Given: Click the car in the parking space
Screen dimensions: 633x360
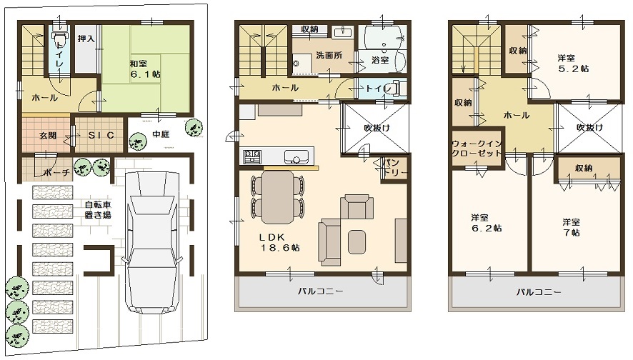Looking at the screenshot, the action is tap(153, 242).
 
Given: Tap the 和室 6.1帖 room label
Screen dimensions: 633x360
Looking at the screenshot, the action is tap(145, 69).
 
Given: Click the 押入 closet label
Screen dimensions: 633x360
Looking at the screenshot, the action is tap(86, 39).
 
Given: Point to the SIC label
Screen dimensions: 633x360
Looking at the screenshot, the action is tap(101, 136).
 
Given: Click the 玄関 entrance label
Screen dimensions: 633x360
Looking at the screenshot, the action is tap(48, 136).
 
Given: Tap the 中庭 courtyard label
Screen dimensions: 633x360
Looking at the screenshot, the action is tap(161, 134).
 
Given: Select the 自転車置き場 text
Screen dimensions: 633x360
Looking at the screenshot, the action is tap(98, 210).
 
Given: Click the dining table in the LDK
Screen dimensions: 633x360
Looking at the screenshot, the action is tap(277, 197).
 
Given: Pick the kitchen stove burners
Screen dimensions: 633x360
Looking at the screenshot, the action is tap(252, 156).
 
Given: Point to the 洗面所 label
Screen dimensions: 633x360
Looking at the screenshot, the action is tap(329, 55).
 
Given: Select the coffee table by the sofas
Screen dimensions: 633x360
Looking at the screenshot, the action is tap(357, 241).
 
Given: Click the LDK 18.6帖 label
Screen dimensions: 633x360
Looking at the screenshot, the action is tap(279, 243).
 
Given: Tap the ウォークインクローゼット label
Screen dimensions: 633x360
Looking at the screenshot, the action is tap(477, 148).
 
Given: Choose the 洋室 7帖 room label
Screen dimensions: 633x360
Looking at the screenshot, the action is tap(572, 227).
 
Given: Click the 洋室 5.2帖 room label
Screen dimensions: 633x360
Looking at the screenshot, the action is tap(573, 64).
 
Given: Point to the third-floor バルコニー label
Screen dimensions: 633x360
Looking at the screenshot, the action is tap(539, 292).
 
